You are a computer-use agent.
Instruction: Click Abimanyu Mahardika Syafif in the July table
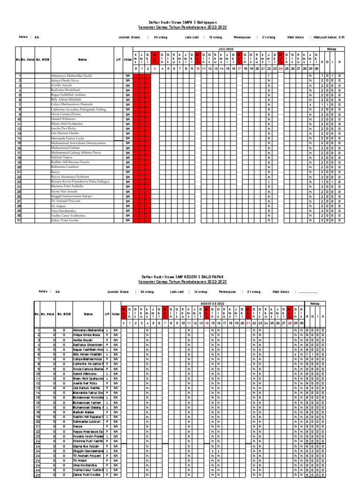click(67, 75)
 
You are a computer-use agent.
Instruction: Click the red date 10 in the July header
click(198, 68)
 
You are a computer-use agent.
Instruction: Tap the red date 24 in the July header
click(281, 68)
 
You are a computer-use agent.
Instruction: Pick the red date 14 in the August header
click(207, 322)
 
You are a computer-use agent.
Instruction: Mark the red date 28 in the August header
click(290, 322)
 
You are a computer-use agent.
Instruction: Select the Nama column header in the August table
click(88, 315)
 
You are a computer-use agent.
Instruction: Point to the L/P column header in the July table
click(118, 60)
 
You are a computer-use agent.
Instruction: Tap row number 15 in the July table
click(19, 143)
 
